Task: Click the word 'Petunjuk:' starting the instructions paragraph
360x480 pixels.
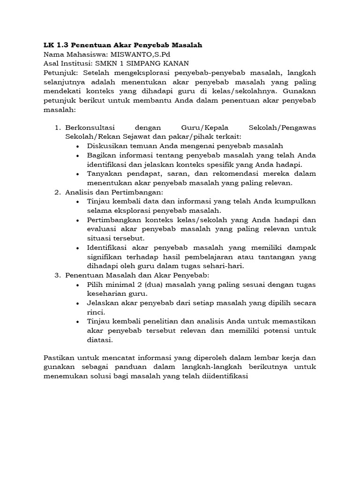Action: click(60, 73)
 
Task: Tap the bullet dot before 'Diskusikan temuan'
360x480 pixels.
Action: click(77, 146)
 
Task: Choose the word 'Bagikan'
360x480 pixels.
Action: click(101, 155)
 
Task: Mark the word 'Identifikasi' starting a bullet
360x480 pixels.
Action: click(108, 247)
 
